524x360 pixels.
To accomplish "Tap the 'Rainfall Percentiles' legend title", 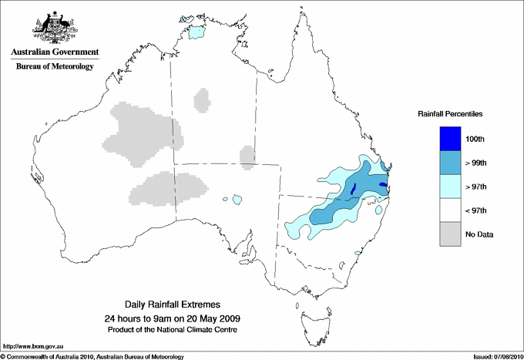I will point(450,114).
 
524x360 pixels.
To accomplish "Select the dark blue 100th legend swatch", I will point(451,139).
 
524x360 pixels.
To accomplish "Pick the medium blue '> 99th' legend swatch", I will point(451,163).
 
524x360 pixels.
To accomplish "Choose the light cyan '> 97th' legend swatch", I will point(451,187).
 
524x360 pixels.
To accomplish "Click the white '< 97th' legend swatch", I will point(451,210).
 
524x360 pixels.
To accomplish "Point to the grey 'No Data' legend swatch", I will point(451,234).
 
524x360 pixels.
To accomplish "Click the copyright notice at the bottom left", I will point(92,355).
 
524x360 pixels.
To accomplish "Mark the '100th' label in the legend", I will point(476,139).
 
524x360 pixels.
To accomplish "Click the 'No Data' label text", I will point(479,234).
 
